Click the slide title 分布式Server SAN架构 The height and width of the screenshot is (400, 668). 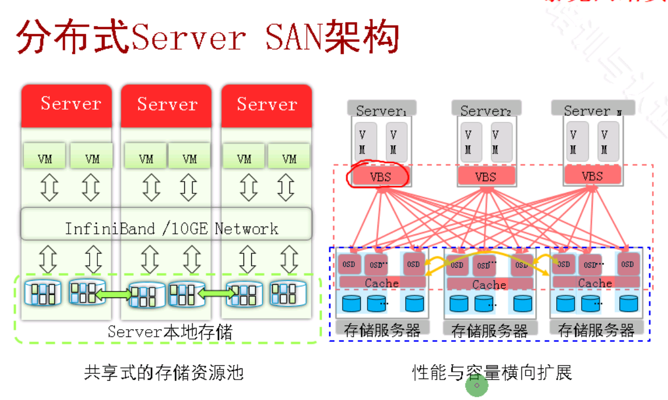208,38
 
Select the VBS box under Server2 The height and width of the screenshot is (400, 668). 485,177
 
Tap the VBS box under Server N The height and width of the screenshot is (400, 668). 592,176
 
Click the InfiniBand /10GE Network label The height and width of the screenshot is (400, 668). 172,228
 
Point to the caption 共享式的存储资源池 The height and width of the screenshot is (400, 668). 164,372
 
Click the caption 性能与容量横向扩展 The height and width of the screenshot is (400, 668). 491,372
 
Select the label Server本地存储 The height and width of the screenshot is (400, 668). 170,332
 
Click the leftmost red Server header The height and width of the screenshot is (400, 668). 70,104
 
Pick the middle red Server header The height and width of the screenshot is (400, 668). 167,104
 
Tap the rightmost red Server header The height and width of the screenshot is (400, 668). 267,104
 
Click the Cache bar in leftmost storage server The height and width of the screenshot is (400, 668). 381,283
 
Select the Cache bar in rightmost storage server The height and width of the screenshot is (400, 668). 595,283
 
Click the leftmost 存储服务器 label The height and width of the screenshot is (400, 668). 382,331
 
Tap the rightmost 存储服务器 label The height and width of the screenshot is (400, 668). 596,331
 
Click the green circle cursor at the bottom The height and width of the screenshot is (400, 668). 477,386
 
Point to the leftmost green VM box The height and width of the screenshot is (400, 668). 45,158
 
